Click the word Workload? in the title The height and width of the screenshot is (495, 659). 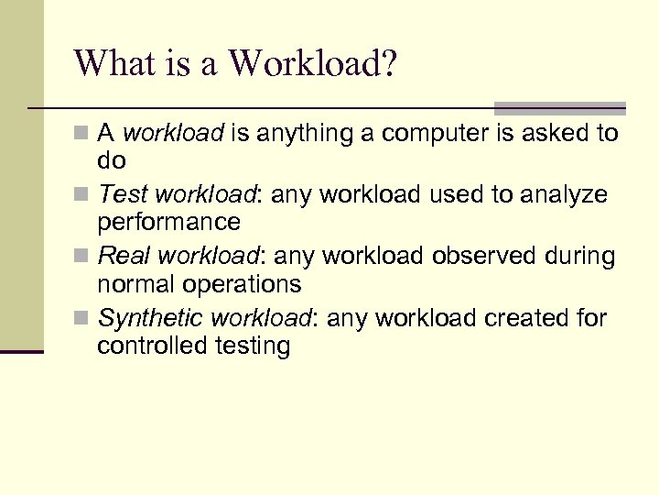point(312,64)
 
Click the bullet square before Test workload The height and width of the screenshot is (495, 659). point(85,195)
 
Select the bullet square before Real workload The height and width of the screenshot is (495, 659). point(85,257)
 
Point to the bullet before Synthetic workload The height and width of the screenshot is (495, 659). point(85,319)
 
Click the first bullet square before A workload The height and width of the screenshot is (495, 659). point(85,134)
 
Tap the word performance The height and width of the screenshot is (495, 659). point(168,222)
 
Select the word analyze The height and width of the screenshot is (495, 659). point(562,195)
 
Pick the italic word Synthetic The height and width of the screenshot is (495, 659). point(150,319)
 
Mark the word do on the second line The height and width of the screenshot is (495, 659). point(111,160)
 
